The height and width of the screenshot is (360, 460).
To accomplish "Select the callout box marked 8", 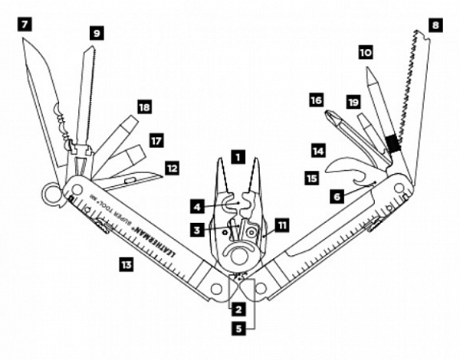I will pos(435,24).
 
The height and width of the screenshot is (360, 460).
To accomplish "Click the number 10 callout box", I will pos(365,53).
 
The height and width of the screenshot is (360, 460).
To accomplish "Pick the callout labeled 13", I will pos(125,264).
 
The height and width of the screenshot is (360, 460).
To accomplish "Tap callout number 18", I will pos(144,107).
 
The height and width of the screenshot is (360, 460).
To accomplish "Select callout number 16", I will pos(316,100).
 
